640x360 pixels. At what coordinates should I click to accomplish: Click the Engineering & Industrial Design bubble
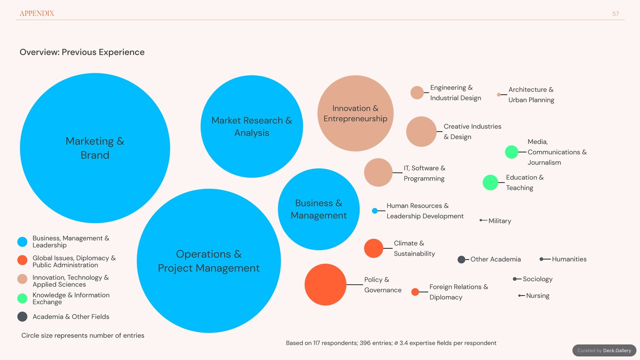click(417, 92)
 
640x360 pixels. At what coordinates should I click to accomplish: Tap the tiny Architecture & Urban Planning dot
click(499, 95)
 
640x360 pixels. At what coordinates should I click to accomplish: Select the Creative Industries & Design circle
click(421, 132)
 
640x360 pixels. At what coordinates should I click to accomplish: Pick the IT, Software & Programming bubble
click(378, 172)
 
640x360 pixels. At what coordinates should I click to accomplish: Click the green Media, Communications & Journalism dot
click(512, 152)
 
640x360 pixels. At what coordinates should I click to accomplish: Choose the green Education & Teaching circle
click(490, 182)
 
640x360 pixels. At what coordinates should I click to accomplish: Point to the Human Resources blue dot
click(375, 211)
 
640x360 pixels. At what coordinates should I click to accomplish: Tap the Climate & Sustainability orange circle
click(373, 248)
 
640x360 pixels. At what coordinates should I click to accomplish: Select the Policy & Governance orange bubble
click(325, 284)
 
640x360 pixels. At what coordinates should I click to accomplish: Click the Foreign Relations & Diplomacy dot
click(415, 292)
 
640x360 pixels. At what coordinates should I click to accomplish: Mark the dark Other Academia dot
click(461, 260)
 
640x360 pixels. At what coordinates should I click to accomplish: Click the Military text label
click(500, 221)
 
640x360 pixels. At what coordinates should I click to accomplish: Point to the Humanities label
click(569, 259)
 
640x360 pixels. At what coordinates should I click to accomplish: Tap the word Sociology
click(538, 279)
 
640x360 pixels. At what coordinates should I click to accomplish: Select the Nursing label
click(538, 296)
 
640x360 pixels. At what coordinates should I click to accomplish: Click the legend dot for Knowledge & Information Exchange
click(22, 298)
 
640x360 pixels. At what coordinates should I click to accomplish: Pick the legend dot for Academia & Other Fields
click(22, 316)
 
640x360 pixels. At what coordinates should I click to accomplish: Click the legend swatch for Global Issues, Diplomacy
click(22, 260)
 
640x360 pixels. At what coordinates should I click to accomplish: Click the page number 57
click(616, 14)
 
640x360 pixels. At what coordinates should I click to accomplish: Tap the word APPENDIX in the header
click(37, 13)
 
